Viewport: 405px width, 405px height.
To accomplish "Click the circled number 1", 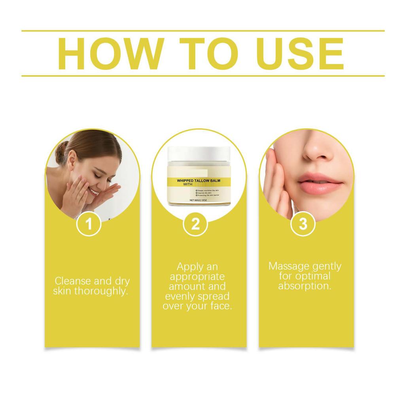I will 89,224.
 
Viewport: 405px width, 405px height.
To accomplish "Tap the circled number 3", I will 303,224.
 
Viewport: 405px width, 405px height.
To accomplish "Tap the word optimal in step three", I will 312,276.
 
